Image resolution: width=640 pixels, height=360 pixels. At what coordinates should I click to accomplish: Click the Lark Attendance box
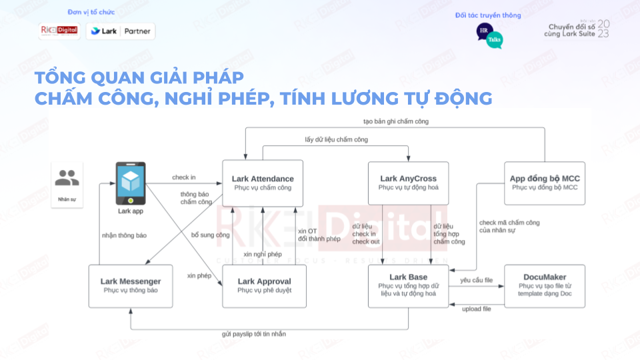pos(263,183)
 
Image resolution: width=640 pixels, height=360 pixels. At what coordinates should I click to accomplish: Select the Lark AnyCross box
pos(408,183)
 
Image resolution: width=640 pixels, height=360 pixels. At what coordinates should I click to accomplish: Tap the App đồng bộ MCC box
pos(545,183)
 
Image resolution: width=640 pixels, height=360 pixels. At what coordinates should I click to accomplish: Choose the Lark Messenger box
pos(131,285)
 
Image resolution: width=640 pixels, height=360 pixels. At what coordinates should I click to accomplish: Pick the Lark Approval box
pos(264,285)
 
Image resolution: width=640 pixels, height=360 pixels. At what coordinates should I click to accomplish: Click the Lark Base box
pos(408,285)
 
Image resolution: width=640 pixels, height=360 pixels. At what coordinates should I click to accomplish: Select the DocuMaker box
pos(545,285)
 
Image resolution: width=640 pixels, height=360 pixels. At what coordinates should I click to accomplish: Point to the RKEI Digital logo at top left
pos(59,31)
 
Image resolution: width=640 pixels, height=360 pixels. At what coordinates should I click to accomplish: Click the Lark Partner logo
pos(121,31)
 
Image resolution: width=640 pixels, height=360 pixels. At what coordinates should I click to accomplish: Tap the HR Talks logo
pos(489,36)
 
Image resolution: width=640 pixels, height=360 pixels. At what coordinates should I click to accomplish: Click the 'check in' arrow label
pos(184,177)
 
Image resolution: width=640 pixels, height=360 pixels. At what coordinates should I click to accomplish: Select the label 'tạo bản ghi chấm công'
pos(396,121)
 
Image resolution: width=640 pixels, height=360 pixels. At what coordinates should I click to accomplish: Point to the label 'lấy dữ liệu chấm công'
pos(337,139)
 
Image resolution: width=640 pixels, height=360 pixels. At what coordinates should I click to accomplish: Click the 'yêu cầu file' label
pos(476,281)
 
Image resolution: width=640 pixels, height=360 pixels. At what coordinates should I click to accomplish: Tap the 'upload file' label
pos(477,309)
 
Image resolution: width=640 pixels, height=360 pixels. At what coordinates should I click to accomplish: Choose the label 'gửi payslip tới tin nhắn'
pos(254,334)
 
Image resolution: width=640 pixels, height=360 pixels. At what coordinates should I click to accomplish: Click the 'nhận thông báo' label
pos(124,235)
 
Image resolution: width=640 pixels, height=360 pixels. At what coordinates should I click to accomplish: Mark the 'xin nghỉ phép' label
pos(263,255)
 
